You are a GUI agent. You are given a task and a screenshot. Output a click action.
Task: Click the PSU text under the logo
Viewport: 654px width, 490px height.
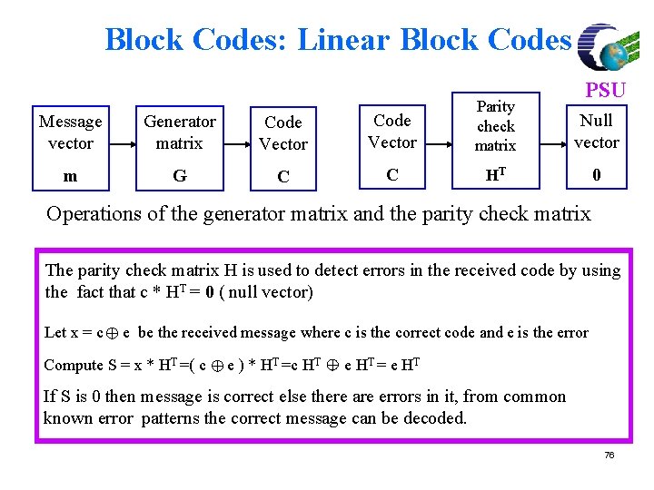(x=604, y=90)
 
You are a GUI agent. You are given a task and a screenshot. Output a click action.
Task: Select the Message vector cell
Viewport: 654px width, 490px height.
(x=70, y=132)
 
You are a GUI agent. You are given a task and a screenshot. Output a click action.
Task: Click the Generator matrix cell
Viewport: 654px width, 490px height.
(x=180, y=132)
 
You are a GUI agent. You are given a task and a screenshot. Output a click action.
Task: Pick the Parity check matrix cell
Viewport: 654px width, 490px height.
(x=495, y=126)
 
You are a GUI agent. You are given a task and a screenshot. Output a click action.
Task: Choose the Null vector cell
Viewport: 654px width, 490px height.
(x=596, y=132)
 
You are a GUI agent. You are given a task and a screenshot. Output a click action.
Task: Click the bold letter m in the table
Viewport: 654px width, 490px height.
(x=70, y=176)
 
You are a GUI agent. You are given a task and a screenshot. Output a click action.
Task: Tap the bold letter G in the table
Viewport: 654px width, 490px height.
(x=180, y=176)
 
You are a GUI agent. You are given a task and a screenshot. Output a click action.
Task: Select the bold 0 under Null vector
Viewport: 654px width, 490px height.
(x=596, y=175)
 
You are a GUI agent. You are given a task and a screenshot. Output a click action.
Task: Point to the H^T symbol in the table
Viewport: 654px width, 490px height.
(x=495, y=175)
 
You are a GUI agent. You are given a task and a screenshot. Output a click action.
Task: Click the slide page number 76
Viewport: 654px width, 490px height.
(x=609, y=455)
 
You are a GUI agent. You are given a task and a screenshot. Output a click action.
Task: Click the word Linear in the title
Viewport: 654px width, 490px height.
(x=343, y=40)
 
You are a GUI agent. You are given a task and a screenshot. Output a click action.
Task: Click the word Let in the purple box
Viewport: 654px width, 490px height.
(x=54, y=333)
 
